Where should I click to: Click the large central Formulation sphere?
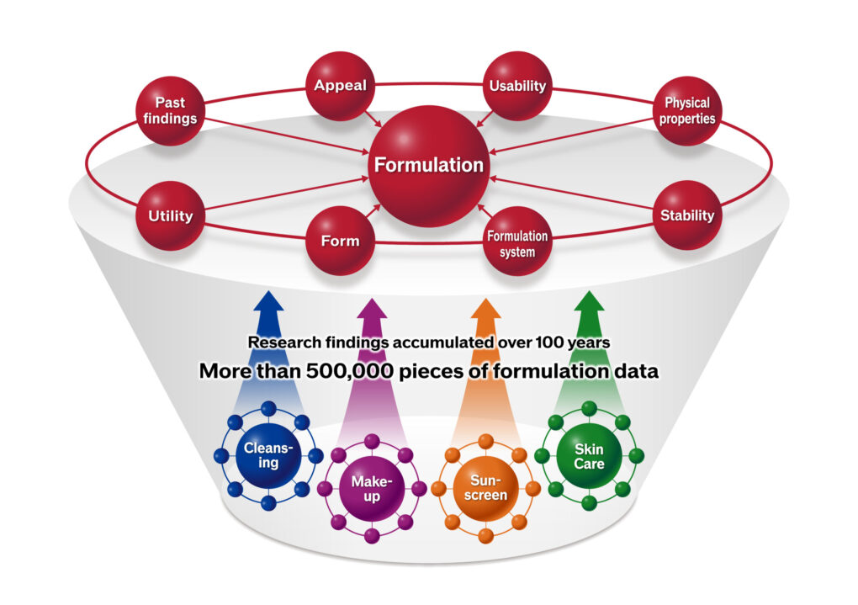(x=428, y=166)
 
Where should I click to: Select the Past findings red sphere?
(x=170, y=110)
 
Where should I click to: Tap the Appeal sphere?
(x=340, y=86)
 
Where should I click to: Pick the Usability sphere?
(x=517, y=86)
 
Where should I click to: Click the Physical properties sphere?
(x=687, y=110)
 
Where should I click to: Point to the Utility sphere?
(x=170, y=215)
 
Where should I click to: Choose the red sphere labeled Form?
(x=340, y=241)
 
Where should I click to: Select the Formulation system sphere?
(x=517, y=241)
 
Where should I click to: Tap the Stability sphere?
(x=687, y=215)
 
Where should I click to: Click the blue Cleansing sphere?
(x=268, y=455)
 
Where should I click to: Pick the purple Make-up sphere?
(x=372, y=488)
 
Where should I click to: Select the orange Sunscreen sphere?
(x=485, y=488)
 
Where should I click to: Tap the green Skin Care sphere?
(x=589, y=455)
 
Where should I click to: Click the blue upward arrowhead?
(x=268, y=302)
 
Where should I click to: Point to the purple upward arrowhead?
(x=372, y=310)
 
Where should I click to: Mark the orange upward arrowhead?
(x=486, y=310)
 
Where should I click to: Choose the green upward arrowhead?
(x=590, y=302)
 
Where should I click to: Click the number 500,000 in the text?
(x=349, y=371)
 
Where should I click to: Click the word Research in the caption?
(x=284, y=342)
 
